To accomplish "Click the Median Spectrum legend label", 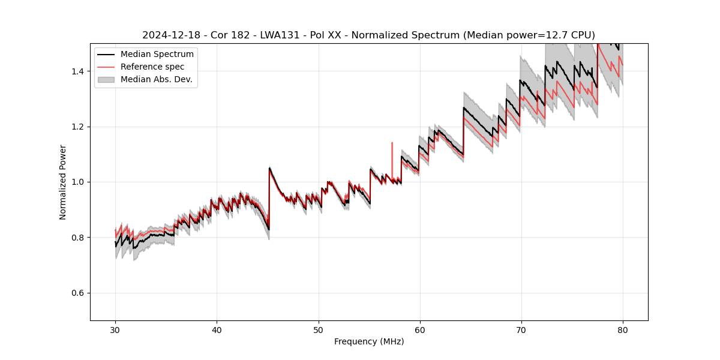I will point(157,55).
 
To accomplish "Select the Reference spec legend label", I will point(152,67).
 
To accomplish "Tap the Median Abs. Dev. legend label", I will point(156,79).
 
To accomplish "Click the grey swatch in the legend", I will point(106,79).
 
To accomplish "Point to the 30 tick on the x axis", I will point(115,329).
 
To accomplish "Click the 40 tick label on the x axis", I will point(217,329).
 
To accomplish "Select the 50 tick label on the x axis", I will point(318,329).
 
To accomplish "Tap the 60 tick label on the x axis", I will point(419,329).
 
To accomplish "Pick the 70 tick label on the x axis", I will point(521,329).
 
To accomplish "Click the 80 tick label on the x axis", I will point(622,329).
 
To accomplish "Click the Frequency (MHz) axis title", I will point(369,341).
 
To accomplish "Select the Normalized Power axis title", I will point(63,182).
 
